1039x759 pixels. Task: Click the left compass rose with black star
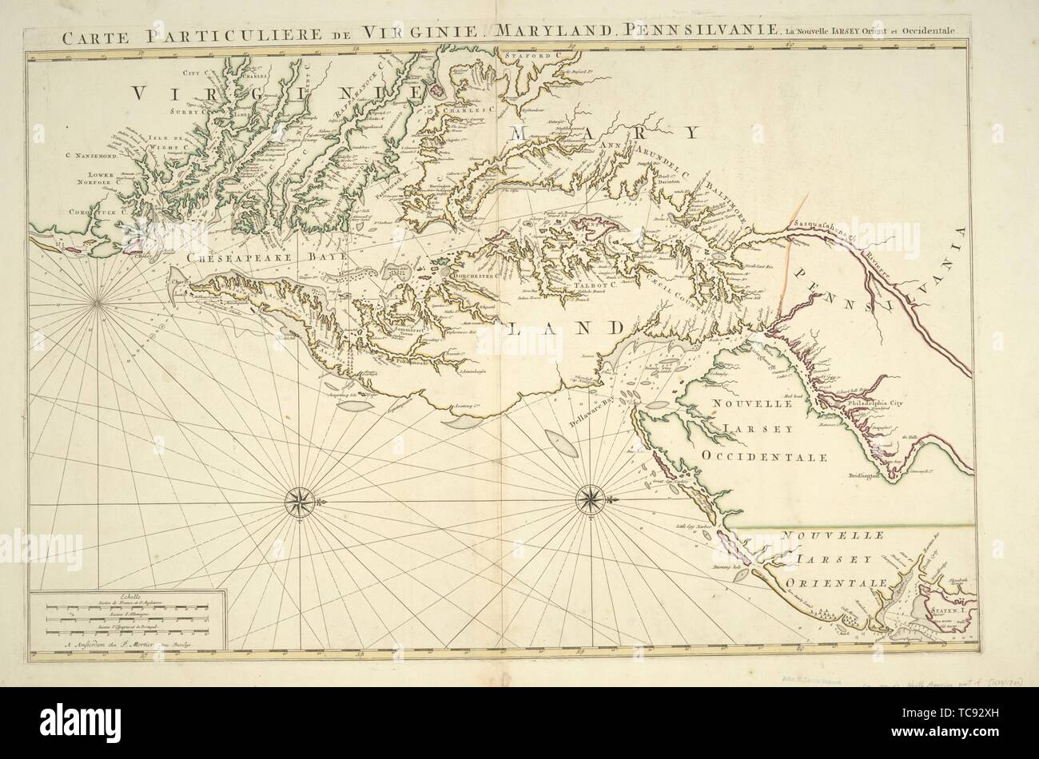[x=301, y=502]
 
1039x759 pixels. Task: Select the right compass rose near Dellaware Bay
[x=591, y=501]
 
